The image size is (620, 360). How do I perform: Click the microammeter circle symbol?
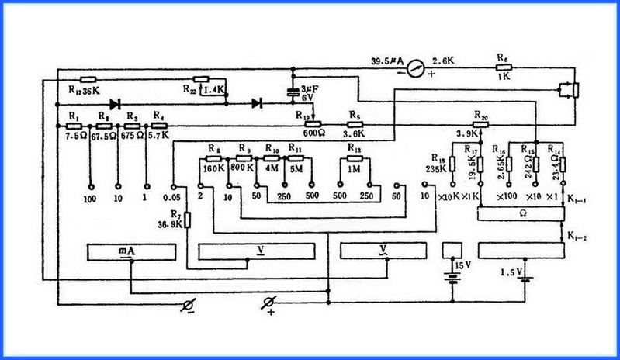417,67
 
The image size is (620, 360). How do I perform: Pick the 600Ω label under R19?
313,132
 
